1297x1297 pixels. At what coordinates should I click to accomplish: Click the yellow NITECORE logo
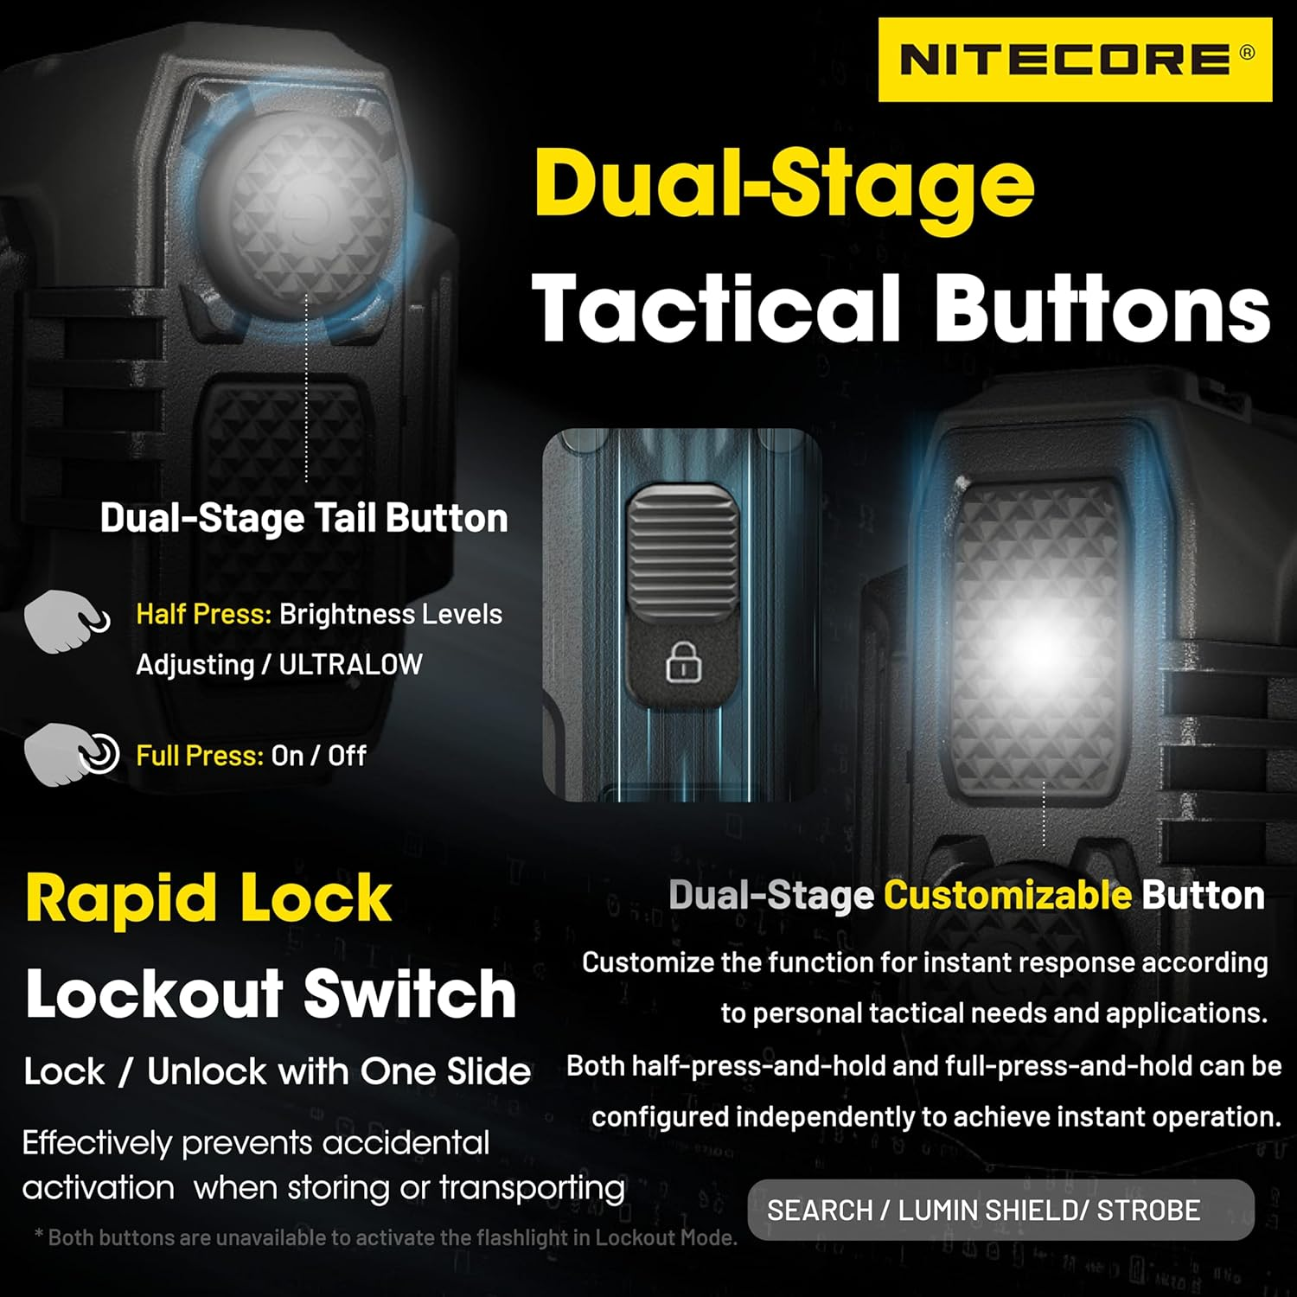pos(1075,61)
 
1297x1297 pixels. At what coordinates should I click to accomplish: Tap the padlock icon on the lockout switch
pos(683,663)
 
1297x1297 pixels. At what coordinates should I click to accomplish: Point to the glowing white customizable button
pos(1038,640)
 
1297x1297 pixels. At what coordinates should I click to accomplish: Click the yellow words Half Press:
pos(203,614)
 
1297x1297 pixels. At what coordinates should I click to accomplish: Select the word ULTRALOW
pos(350,664)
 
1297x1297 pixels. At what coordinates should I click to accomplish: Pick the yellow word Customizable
pos(1007,895)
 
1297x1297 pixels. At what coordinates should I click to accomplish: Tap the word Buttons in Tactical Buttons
pos(1102,309)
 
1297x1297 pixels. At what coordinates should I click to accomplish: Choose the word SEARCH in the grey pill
pos(820,1211)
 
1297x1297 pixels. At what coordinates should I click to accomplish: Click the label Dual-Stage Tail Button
pos(303,518)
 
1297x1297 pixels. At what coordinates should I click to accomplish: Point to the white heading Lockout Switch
pos(271,994)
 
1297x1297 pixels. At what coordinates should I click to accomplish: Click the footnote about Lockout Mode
pos(386,1237)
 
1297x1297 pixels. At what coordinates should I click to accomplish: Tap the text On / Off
pos(319,756)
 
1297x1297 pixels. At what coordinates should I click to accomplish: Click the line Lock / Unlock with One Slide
pos(277,1072)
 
